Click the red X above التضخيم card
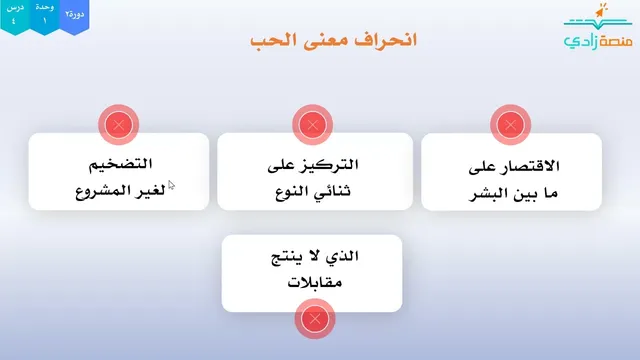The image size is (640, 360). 119,124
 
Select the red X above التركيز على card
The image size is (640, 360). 313,124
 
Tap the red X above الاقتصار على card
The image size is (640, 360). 510,124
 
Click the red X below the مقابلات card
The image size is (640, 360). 315,319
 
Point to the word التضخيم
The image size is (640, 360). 120,164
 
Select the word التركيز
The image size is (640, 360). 331,164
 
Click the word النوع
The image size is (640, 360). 292,191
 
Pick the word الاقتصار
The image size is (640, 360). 529,166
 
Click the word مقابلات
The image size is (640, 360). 315,282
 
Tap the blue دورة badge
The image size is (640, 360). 74,16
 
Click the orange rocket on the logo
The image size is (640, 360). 601,11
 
